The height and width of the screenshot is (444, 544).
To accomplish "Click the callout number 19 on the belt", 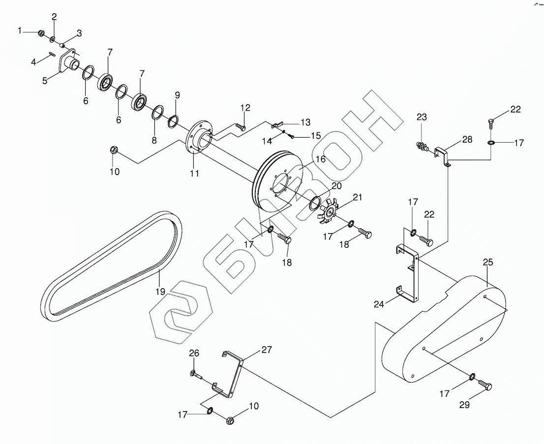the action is pos(160,291).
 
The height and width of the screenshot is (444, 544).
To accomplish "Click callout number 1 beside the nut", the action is pos(20,30).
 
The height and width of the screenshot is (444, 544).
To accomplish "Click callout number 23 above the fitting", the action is pos(422,117).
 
